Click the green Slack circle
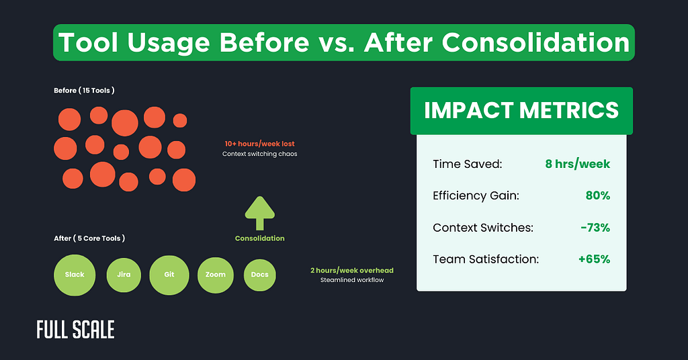pos(75,275)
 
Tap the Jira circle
pos(124,275)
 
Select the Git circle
pos(169,275)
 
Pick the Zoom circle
pos(215,275)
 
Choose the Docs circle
pos(260,275)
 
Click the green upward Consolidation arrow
pos(259,214)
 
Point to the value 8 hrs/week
pos(577,163)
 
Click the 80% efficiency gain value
pos(597,195)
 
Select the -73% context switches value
pos(595,228)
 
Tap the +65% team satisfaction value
pos(594,259)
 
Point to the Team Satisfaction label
pos(486,259)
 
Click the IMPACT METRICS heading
pos(521,109)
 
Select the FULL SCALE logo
pos(75,330)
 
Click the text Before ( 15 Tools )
pos(84,91)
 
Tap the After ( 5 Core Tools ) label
pos(89,238)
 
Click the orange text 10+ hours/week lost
pos(259,144)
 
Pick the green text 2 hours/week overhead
pos(351,270)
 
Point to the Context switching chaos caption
pos(259,154)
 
